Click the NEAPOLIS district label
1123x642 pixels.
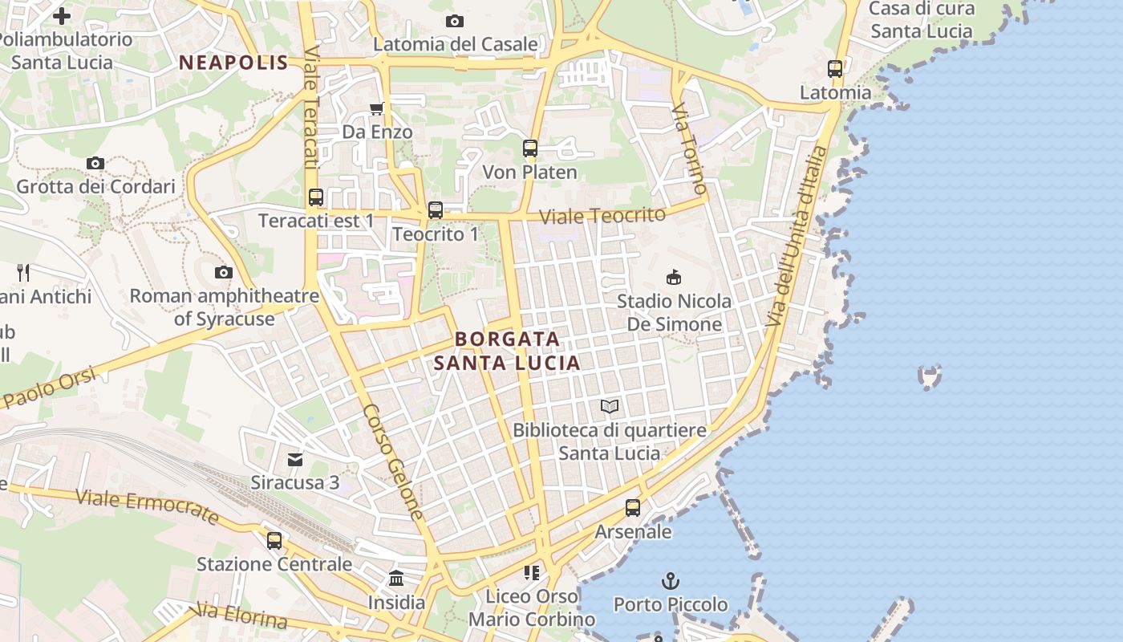pos(233,63)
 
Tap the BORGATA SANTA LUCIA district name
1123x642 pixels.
pos(507,351)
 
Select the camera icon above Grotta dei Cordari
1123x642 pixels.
pos(95,164)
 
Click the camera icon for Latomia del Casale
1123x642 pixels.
pos(455,21)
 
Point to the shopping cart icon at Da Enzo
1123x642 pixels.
pos(377,108)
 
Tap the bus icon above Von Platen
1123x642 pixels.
pos(529,148)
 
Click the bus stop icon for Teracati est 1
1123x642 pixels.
pos(316,197)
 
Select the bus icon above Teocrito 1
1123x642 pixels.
pos(435,210)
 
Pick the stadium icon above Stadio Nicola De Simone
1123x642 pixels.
pos(674,278)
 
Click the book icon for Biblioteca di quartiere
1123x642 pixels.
pos(610,407)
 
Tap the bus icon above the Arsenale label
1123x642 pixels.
pos(633,508)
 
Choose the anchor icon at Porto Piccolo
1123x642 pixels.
pos(670,580)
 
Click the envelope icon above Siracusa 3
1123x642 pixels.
pos(295,460)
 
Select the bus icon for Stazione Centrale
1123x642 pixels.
pos(274,540)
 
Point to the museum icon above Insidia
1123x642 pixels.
pos(396,578)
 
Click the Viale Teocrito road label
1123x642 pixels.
pos(602,216)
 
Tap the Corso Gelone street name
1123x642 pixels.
pos(393,461)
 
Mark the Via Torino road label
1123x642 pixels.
pos(691,149)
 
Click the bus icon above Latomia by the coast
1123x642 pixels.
pos(835,69)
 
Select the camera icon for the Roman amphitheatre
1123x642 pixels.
pos(224,273)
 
